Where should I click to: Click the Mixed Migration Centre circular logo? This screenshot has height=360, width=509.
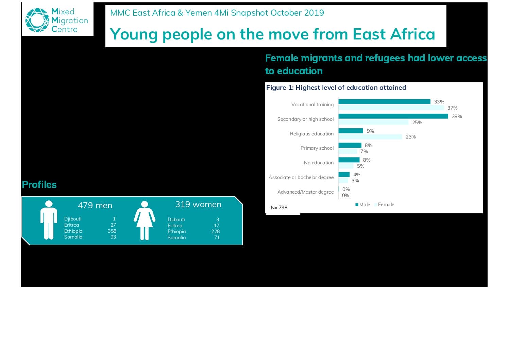click(x=37, y=20)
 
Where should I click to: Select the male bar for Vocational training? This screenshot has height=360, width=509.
click(x=384, y=102)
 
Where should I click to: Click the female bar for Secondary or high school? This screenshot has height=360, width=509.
click(x=373, y=122)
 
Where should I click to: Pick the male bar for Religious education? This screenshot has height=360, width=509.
click(x=351, y=131)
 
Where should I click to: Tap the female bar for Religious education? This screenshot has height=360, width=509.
click(x=370, y=137)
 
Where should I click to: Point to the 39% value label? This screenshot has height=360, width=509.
click(x=457, y=116)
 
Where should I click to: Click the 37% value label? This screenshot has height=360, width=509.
click(x=453, y=108)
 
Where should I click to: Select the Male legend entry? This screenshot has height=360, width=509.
click(x=363, y=204)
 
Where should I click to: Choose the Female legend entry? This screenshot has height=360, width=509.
click(x=384, y=204)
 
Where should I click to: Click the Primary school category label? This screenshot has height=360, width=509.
click(x=317, y=148)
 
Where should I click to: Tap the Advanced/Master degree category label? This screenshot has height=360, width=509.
click(x=305, y=192)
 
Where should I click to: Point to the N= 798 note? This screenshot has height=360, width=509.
click(x=279, y=208)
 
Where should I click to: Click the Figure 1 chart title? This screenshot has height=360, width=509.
click(x=336, y=87)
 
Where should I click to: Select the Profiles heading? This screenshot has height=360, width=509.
click(x=39, y=185)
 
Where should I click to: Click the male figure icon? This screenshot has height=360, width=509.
click(x=49, y=220)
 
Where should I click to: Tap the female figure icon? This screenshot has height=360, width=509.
click(x=145, y=220)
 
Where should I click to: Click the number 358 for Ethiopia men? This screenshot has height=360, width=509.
click(x=112, y=231)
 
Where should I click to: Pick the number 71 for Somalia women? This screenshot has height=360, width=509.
click(x=217, y=238)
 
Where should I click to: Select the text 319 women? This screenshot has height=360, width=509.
click(x=198, y=204)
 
